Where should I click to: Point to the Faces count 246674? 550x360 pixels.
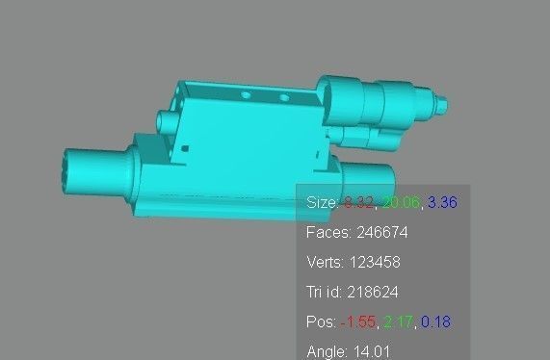point(378,233)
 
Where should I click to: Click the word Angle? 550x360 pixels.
point(327,351)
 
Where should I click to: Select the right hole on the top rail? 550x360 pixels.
point(283,98)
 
